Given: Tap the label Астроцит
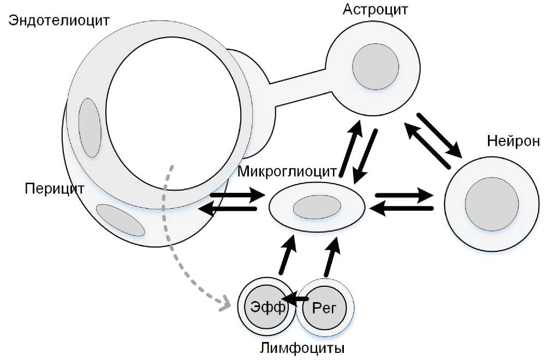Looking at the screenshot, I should [375, 9].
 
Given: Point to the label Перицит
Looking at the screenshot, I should [55, 189].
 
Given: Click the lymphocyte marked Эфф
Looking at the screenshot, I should [267, 307].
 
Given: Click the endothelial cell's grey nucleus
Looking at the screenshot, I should [90, 127].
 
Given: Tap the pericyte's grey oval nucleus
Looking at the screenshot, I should [120, 220].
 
